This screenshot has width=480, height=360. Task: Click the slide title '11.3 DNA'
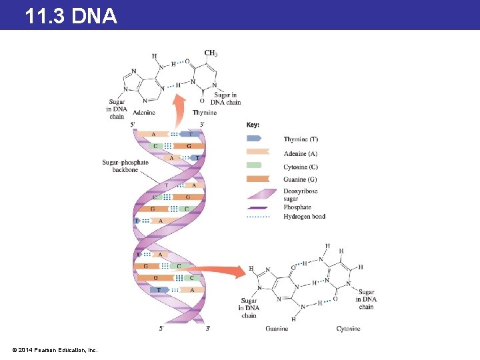[x=71, y=15]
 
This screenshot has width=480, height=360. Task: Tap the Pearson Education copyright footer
[x=55, y=349]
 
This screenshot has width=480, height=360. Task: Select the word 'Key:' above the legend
[x=253, y=125]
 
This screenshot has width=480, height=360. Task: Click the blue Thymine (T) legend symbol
[x=255, y=139]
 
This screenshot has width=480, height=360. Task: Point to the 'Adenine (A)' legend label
[x=301, y=154]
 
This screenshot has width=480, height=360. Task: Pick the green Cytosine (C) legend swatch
[x=255, y=167]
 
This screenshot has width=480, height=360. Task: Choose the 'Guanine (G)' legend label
[x=301, y=179]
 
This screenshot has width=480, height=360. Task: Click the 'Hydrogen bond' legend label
[x=305, y=217]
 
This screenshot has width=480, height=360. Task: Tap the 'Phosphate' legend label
[x=297, y=207]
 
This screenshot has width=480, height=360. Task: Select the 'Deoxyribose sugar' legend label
[x=301, y=195]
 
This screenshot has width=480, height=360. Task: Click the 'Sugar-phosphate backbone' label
[x=125, y=166]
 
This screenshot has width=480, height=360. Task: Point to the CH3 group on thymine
[x=211, y=53]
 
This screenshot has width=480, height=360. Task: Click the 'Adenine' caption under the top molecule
[x=144, y=113]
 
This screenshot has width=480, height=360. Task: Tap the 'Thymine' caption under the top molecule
[x=205, y=113]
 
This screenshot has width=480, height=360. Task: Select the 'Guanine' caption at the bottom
[x=277, y=329]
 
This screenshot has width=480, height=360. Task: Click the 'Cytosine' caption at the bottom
[x=348, y=329]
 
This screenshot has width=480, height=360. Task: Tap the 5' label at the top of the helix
[x=133, y=124]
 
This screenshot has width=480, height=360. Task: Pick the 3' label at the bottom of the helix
[x=208, y=328]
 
